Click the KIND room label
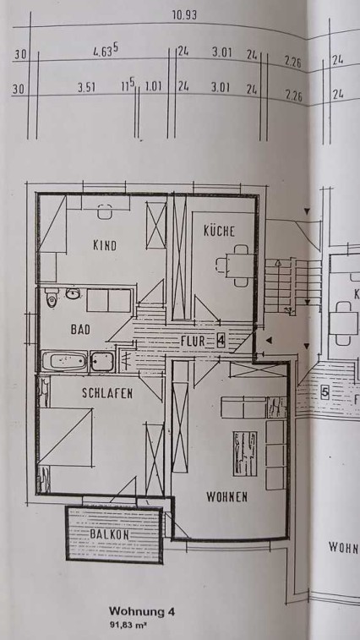[105, 245]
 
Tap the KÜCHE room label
[219, 231]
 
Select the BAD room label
[80, 330]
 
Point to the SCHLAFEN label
[107, 393]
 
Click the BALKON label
[109, 534]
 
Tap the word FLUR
[193, 342]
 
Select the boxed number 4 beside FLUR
[221, 340]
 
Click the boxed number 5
[325, 392]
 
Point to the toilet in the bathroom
[52, 298]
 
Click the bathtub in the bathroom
[64, 361]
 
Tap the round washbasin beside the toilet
[73, 293]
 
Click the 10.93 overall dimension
[184, 15]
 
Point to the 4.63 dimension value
[106, 51]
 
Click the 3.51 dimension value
[86, 88]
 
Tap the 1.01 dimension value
[153, 87]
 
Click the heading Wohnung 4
[142, 611]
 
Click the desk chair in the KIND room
[105, 211]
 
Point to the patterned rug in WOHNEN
[245, 453]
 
